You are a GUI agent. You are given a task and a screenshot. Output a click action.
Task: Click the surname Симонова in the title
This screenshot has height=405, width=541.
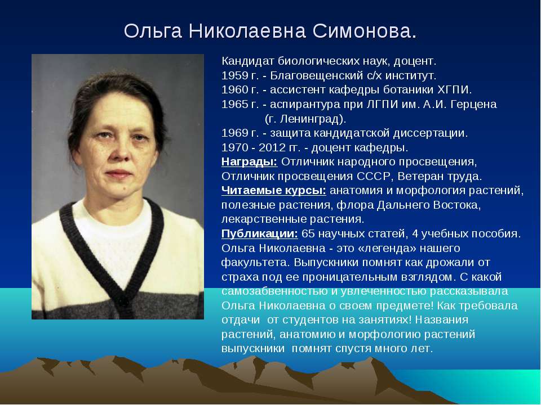365,31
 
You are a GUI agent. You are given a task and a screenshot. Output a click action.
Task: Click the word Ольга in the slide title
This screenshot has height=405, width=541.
153,31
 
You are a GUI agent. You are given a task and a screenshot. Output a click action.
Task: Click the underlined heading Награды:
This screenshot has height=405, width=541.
250,161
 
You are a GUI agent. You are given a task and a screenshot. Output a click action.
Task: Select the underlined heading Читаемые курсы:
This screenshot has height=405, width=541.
274,191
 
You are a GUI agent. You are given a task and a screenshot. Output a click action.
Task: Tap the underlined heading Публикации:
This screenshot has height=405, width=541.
259,233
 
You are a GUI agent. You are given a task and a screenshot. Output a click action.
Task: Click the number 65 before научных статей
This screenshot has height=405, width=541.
308,233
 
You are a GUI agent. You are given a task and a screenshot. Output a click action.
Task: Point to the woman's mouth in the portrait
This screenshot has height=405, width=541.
118,173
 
